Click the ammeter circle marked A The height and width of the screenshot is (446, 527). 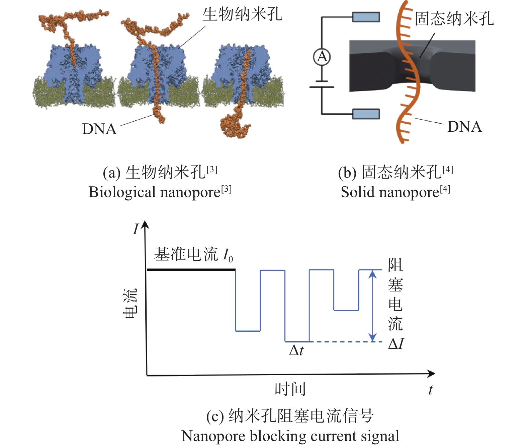tap(322, 57)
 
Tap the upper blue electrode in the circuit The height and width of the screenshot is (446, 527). tap(366, 17)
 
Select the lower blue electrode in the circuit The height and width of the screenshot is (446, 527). tap(366, 114)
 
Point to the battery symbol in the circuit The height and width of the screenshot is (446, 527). tap(322, 84)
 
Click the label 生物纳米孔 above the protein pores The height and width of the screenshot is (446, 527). tap(242, 14)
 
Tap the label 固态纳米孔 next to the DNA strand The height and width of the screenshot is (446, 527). tap(454, 19)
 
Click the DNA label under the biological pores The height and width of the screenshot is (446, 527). tap(99, 129)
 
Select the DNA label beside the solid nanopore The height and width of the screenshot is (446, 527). tap(465, 127)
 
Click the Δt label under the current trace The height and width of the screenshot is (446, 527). tap(296, 350)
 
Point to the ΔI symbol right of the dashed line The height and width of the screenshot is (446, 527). tap(396, 344)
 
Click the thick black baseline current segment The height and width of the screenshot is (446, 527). tap(191, 270)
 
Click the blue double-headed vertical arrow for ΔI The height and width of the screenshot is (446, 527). tap(372, 306)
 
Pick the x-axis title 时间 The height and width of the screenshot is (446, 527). tap(290, 389)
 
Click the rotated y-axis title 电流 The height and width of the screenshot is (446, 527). tap(130, 303)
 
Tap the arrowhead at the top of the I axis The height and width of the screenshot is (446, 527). tap(145, 225)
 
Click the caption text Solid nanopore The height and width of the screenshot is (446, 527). tap(390, 192)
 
